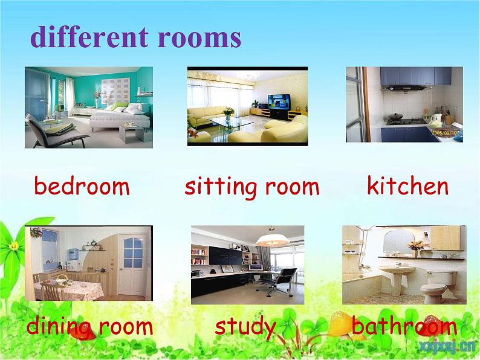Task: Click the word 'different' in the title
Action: [x=89, y=37]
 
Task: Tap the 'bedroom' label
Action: [x=82, y=185]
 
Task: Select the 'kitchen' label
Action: [x=407, y=185]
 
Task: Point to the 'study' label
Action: [x=245, y=327]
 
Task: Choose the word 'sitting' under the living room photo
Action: [x=221, y=187]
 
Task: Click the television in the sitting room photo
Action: [x=279, y=102]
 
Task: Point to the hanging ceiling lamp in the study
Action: [x=273, y=238]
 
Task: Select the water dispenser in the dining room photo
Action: [x=74, y=260]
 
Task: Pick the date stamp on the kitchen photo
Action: [x=446, y=133]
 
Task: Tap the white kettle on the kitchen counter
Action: [x=436, y=120]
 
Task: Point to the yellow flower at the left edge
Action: [x=13, y=246]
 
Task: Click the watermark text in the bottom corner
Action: [x=447, y=347]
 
